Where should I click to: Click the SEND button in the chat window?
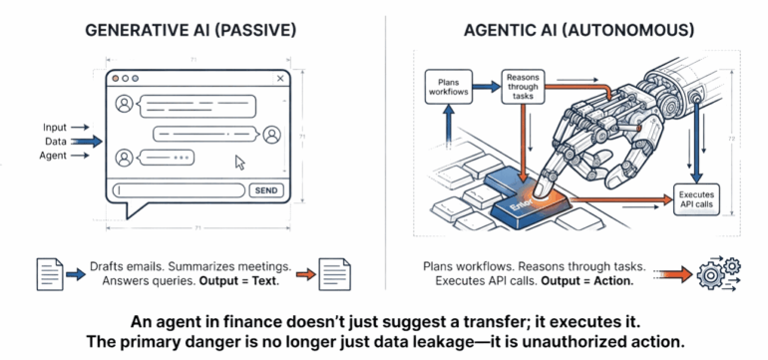pos(266,189)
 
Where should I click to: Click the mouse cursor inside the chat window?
pos(239,162)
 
